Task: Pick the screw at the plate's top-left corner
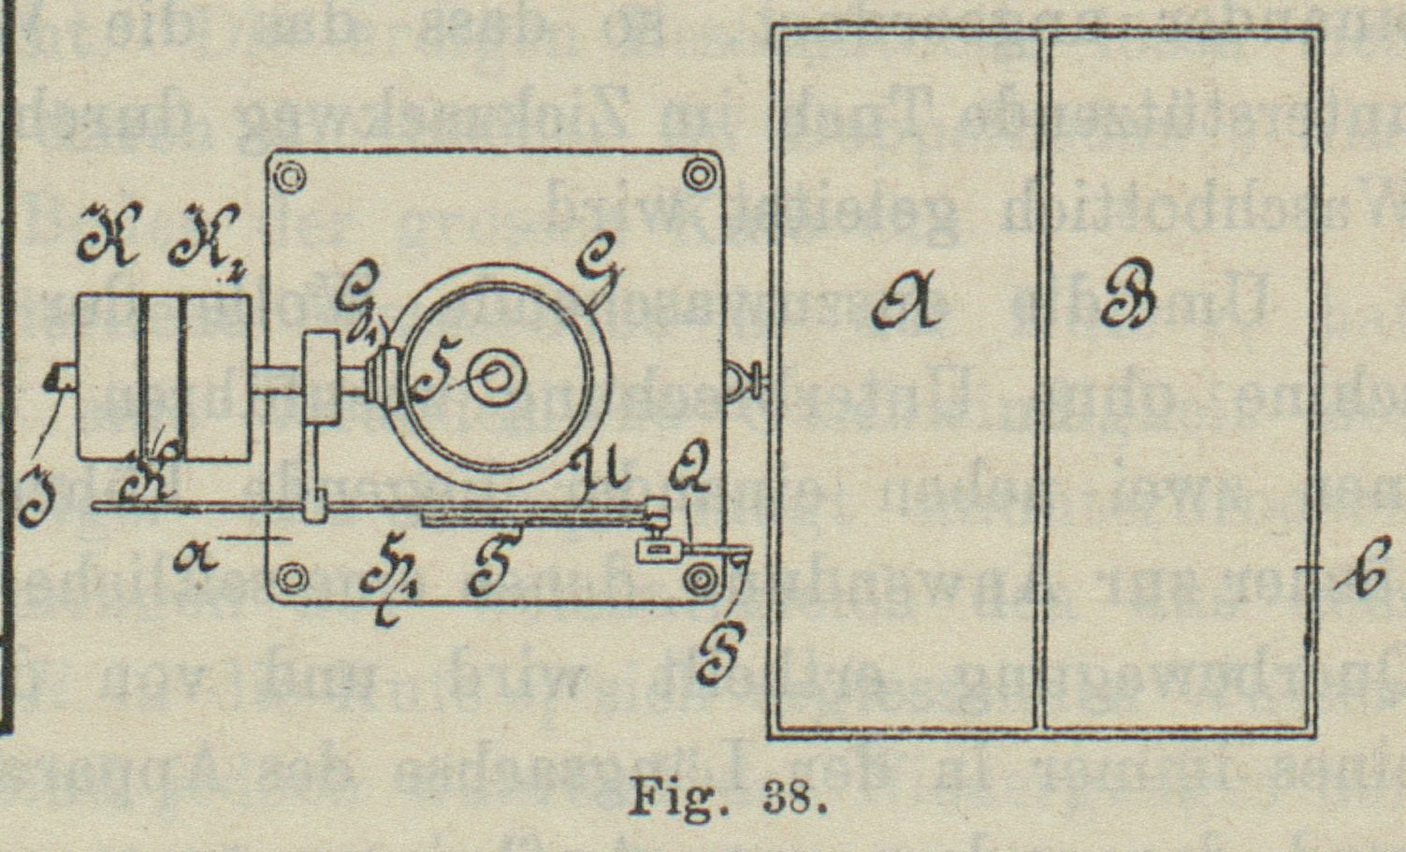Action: tap(288, 176)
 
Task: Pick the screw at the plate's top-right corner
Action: tap(697, 174)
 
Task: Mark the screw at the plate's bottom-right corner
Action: tap(698, 580)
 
